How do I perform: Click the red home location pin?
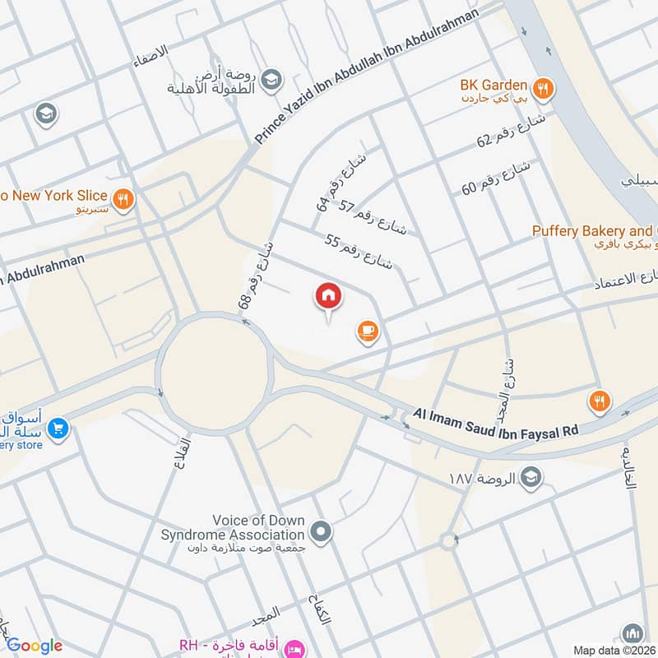coord(328,297)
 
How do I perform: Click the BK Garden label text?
coord(493,84)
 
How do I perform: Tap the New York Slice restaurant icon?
coord(123,198)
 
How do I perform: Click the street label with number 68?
coord(256,275)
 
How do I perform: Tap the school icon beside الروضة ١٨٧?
coord(531,477)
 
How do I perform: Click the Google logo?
coord(34,646)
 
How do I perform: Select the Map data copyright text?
coord(614,650)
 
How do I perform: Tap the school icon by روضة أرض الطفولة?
coord(274,78)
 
